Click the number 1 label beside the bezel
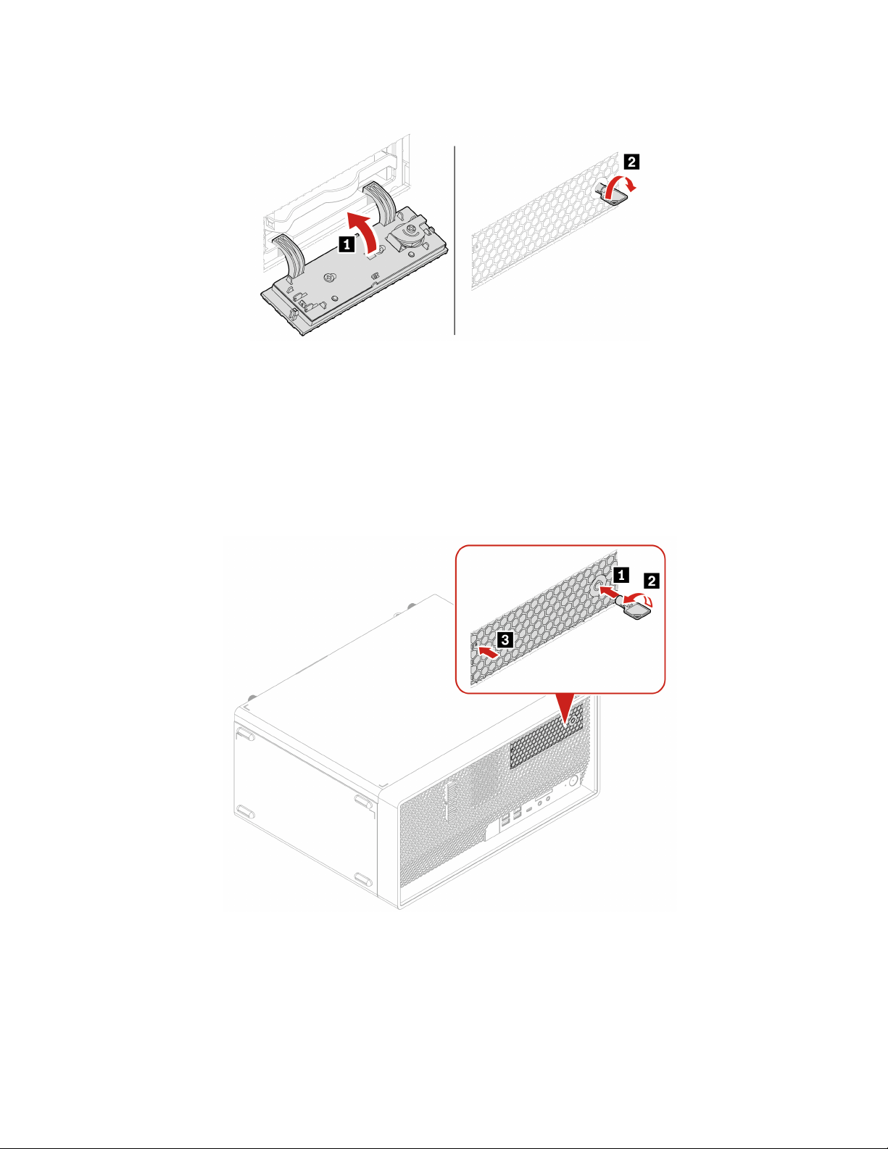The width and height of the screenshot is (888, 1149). click(x=348, y=245)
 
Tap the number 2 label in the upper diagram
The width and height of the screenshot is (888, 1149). click(x=631, y=162)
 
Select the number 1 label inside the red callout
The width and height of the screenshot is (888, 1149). click(x=621, y=575)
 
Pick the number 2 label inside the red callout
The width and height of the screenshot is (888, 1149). click(x=652, y=581)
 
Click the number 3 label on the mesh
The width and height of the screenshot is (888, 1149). click(x=506, y=639)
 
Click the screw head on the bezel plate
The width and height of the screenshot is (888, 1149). click(x=330, y=276)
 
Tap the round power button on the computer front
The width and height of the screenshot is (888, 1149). click(x=573, y=781)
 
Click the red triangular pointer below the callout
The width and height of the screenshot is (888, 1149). click(x=565, y=710)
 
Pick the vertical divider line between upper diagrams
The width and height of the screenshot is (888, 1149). click(x=455, y=239)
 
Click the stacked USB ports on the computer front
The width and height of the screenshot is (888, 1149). click(x=510, y=817)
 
